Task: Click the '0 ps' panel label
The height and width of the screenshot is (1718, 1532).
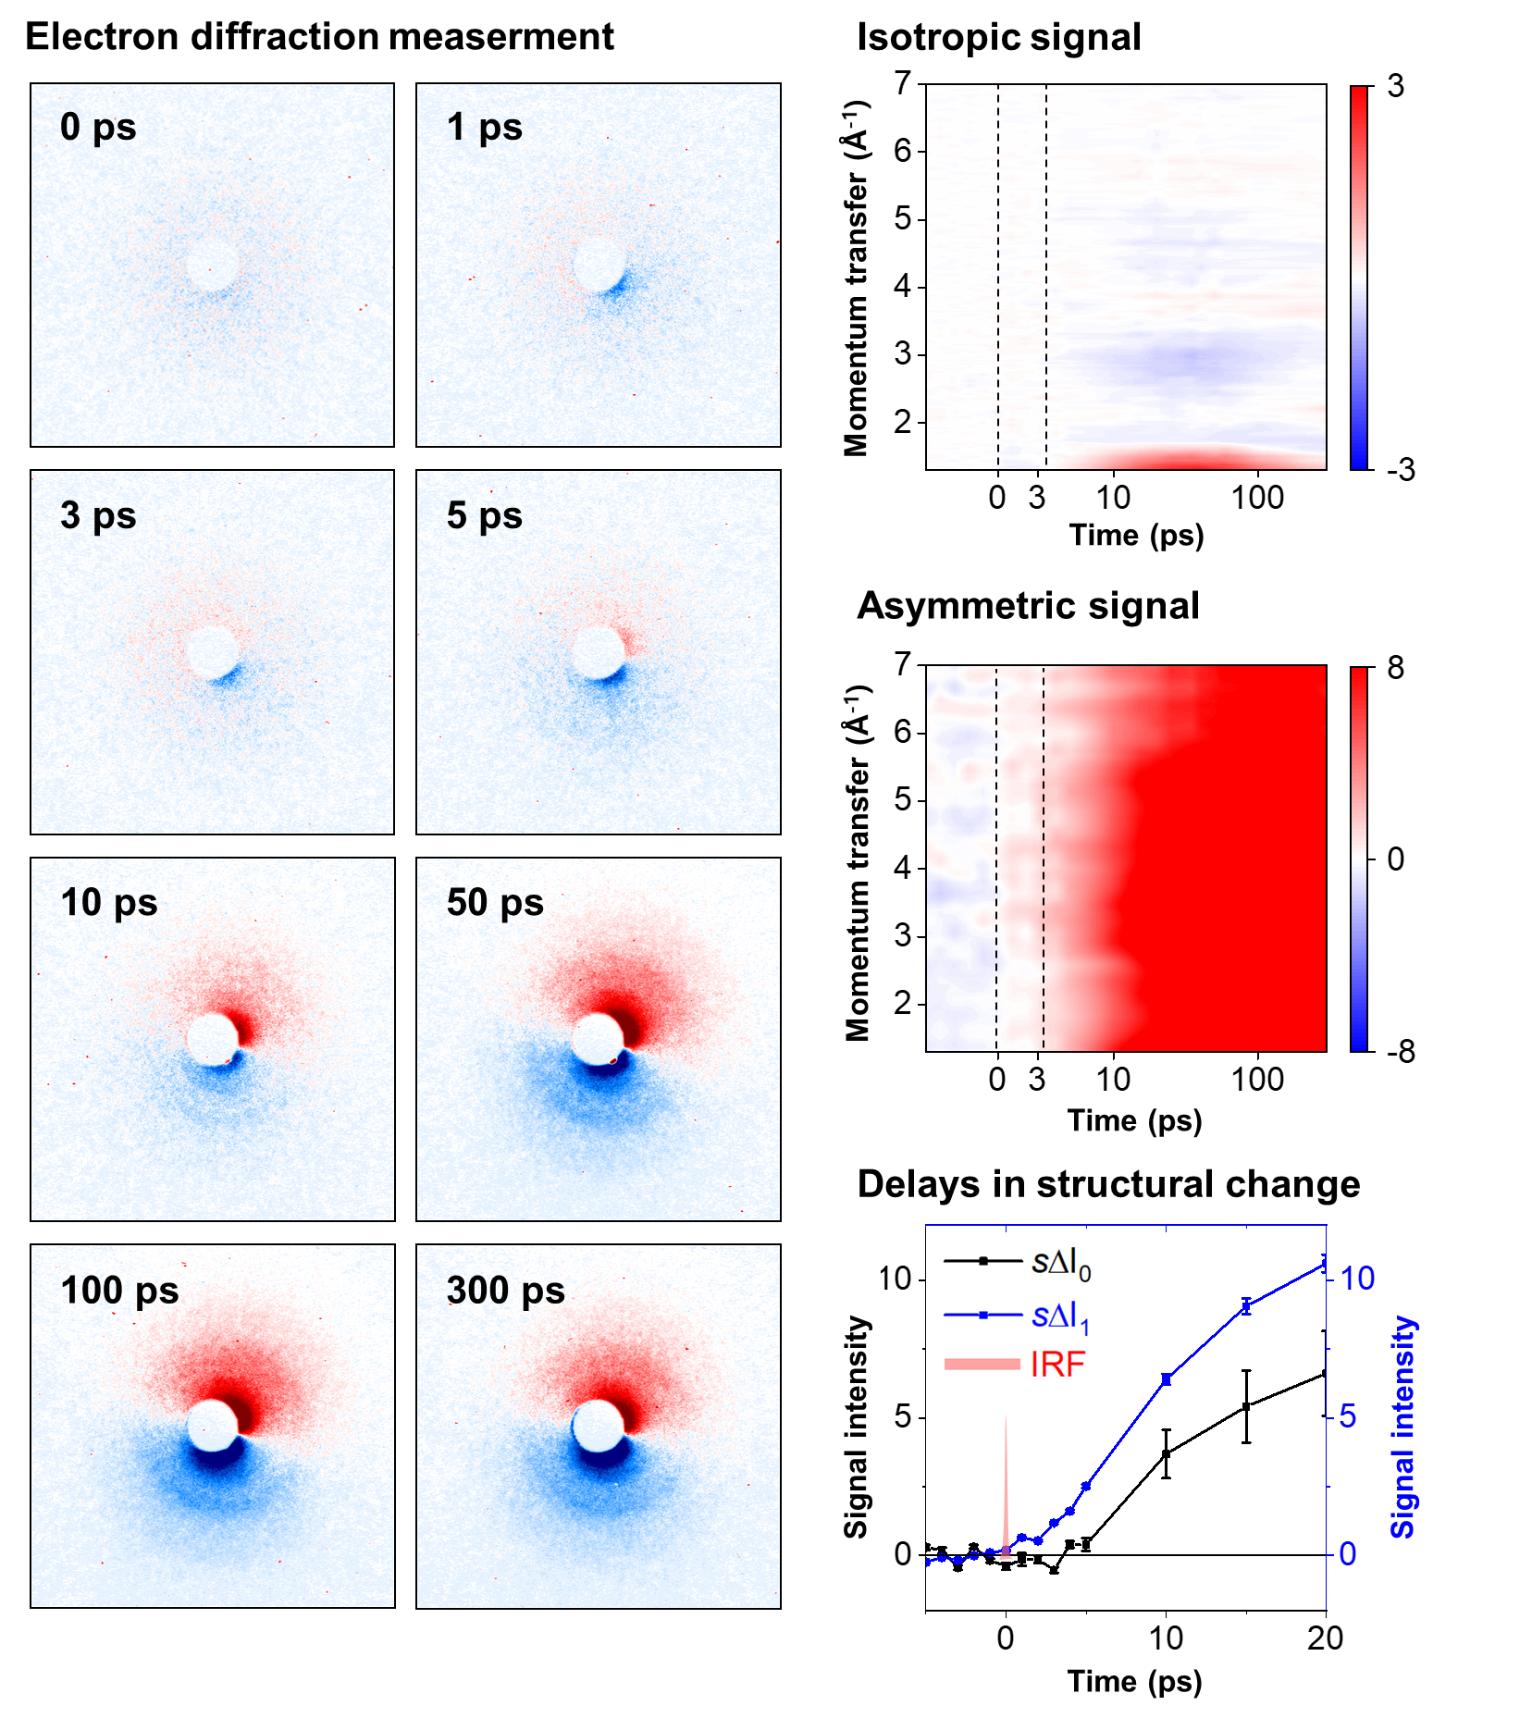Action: [x=98, y=127]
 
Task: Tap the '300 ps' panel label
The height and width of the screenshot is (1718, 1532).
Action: [x=505, y=1290]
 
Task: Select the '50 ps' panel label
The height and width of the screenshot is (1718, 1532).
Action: [x=495, y=902]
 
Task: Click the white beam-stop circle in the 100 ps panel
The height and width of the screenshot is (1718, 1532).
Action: [x=213, y=1425]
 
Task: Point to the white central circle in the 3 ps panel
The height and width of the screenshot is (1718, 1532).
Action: [x=213, y=651]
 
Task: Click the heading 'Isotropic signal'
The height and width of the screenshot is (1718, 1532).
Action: [x=998, y=37]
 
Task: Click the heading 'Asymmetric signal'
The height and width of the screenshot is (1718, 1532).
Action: [x=1028, y=606]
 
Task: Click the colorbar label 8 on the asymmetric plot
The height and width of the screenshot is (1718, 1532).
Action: [x=1395, y=668]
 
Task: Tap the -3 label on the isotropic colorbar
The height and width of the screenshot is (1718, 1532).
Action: [x=1401, y=470]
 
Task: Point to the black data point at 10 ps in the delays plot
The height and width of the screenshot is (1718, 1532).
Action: [x=1166, y=1453]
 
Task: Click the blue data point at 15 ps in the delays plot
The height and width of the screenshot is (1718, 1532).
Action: [x=1246, y=1306]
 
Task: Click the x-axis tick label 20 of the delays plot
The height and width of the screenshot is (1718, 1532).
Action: [x=1325, y=1638]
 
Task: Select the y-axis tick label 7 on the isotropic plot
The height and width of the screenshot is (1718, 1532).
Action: [x=903, y=83]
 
